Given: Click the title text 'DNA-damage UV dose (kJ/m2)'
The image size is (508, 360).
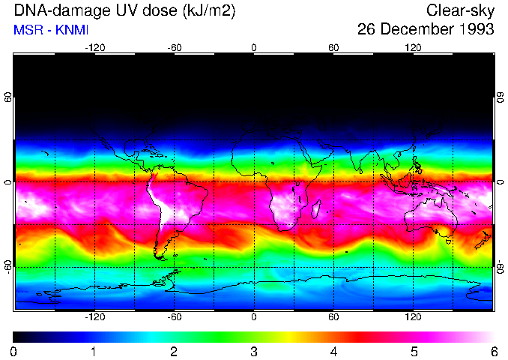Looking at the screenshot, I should pyautogui.click(x=122, y=10).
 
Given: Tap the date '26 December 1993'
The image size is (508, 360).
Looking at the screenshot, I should pyautogui.click(x=426, y=29).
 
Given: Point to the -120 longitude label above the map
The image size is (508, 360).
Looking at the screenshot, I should pyautogui.click(x=94, y=48).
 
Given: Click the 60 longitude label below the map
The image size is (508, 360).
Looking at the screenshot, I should pyautogui.click(x=333, y=316).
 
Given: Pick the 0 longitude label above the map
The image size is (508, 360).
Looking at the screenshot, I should pyautogui.click(x=254, y=48).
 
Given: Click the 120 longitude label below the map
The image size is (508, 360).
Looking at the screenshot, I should pyautogui.click(x=414, y=316).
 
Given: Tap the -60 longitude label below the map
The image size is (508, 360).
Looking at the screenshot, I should pyautogui.click(x=175, y=316).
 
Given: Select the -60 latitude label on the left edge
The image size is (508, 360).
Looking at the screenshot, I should pyautogui.click(x=8, y=265).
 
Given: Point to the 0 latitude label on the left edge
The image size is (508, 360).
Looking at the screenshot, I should pyautogui.click(x=8, y=182).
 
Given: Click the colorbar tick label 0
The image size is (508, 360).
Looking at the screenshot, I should pyautogui.click(x=14, y=351).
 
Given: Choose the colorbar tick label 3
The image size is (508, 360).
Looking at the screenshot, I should pyautogui.click(x=254, y=351).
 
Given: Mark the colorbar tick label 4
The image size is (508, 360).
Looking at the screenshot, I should pyautogui.click(x=333, y=351).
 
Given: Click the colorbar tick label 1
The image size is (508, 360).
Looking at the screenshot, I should pyautogui.click(x=94, y=351).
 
